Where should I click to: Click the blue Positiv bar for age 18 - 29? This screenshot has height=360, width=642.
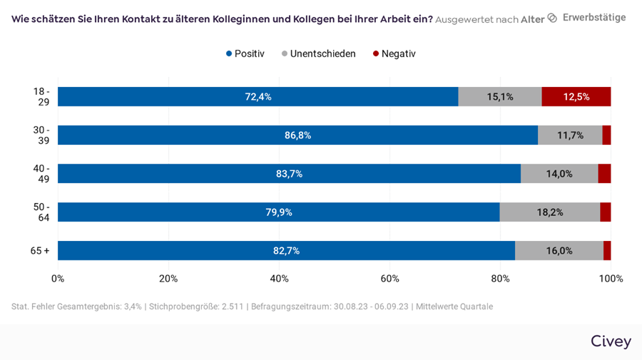258,97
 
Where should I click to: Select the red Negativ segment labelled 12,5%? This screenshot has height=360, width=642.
576,97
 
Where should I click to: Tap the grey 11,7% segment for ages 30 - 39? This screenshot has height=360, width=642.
570,135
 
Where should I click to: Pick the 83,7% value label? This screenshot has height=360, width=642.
289,174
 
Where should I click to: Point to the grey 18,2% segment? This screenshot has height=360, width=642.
549,212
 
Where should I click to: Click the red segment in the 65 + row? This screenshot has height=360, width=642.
607,251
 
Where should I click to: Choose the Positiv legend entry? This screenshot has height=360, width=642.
245,53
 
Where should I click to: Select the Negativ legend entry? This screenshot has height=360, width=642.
394,53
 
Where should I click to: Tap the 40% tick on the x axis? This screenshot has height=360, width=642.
279,279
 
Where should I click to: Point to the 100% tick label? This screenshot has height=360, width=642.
611,279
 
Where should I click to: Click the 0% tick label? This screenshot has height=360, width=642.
58,279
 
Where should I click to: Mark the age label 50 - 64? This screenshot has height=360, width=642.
41,212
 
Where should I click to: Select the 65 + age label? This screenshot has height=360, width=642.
39,251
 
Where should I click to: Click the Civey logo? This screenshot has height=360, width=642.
611,341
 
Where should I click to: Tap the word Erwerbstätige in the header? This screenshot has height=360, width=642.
593,18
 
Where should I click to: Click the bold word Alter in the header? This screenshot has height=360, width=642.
532,19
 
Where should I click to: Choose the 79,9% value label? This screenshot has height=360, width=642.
279,212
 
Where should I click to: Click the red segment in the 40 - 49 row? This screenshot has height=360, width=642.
604,174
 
